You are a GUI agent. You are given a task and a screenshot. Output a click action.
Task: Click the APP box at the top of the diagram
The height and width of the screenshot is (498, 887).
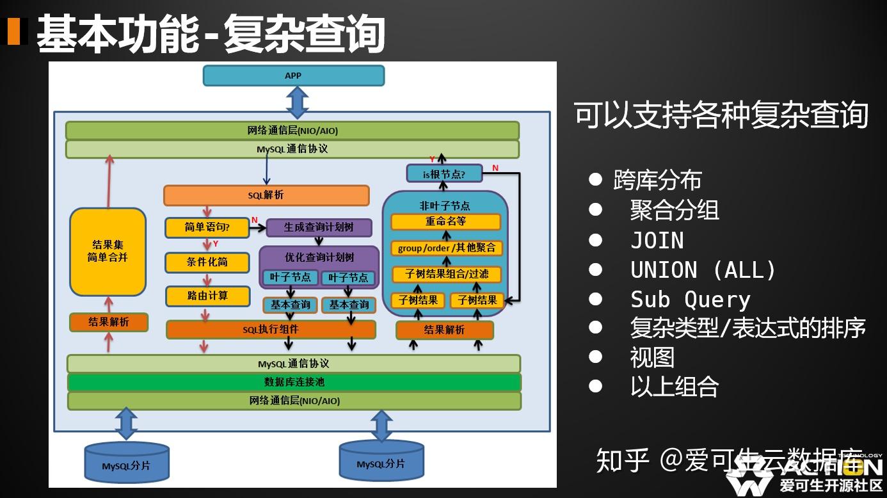293,76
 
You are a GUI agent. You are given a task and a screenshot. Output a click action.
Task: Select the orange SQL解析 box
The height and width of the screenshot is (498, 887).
266,195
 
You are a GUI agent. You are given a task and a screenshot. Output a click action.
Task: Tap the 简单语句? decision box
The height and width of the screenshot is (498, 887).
207,228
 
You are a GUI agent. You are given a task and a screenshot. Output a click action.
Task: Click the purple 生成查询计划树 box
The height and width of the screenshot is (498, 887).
319,227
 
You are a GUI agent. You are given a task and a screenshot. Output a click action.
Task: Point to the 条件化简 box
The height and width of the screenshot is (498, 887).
207,262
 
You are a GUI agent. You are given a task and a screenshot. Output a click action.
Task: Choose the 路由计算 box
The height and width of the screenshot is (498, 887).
207,296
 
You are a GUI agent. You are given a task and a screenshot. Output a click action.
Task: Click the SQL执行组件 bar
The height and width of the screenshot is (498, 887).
271,330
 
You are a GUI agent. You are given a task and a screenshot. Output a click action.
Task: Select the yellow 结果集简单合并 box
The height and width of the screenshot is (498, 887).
108,252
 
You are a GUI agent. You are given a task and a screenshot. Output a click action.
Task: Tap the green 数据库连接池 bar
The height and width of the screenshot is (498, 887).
294,382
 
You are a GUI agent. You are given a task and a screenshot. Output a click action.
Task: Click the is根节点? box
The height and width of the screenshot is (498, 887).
444,173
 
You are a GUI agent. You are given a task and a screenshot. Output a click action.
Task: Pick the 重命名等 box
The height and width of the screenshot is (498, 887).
445,222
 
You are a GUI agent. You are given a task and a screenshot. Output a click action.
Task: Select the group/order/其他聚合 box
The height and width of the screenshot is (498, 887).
446,248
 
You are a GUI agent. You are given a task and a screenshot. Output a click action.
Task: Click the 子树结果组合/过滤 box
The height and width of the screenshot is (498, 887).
446,274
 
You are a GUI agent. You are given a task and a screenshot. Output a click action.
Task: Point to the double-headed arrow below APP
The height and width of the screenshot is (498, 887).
297,102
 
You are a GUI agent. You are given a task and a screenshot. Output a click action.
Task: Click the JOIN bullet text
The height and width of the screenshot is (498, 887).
657,241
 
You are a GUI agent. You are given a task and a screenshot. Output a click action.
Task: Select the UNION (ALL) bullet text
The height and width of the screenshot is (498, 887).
703,270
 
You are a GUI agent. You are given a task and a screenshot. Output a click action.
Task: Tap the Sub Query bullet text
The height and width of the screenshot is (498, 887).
690,300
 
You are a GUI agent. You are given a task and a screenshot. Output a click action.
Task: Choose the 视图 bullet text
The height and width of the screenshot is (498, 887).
652,357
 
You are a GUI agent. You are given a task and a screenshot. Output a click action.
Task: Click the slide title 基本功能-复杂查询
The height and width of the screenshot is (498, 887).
211,33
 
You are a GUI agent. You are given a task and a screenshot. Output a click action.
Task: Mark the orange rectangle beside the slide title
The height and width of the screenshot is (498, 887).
13,31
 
